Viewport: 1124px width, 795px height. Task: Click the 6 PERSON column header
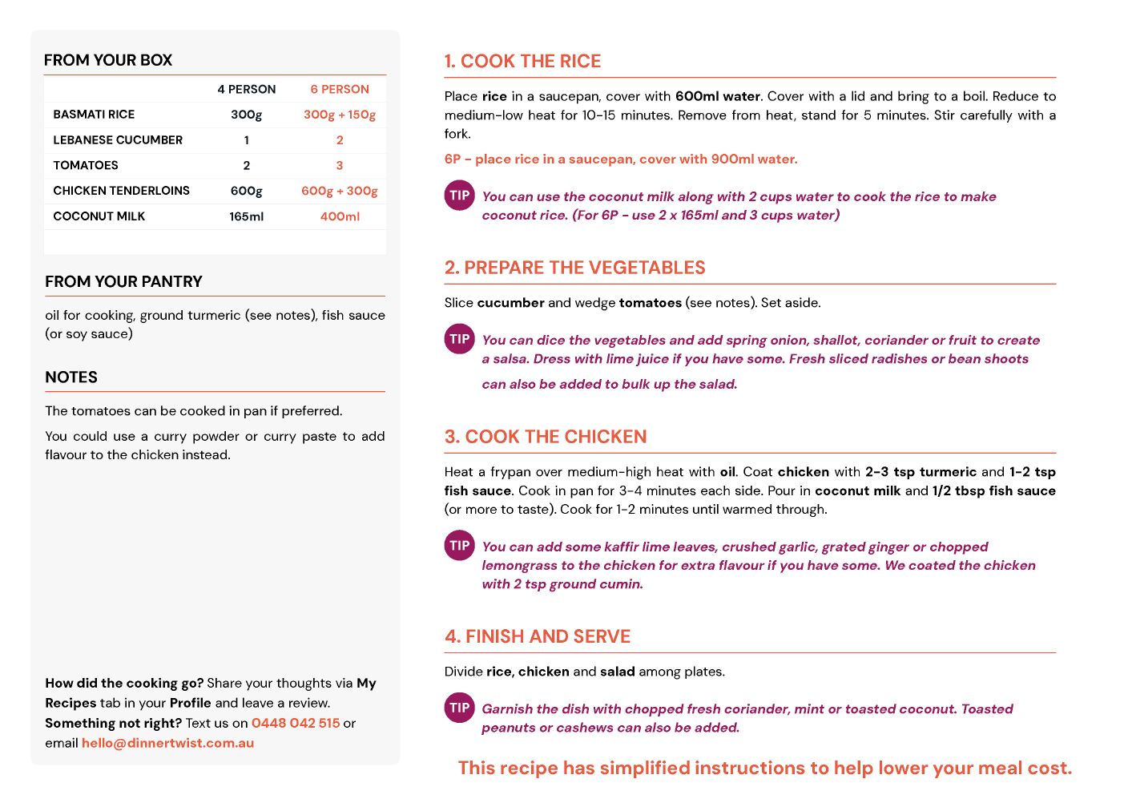click(340, 89)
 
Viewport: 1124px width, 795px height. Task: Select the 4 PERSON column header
click(246, 89)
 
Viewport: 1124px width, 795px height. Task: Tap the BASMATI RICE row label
click(94, 115)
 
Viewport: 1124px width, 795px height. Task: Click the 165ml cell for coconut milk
click(246, 216)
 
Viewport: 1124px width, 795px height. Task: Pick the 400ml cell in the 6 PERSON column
click(340, 216)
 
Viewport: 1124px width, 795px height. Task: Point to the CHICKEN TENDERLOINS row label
click(121, 191)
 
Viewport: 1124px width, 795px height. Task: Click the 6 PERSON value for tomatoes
click(340, 165)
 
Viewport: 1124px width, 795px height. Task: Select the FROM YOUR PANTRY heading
click(123, 281)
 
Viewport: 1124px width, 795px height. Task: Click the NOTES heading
click(71, 377)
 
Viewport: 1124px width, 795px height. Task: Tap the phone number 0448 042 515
click(296, 723)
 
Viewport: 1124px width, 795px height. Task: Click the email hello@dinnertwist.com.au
click(167, 743)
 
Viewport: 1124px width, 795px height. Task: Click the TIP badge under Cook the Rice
click(459, 196)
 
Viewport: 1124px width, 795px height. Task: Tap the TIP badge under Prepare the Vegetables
click(459, 339)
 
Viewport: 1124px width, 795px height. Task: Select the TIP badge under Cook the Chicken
click(459, 546)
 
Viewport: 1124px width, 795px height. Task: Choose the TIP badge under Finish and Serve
click(459, 708)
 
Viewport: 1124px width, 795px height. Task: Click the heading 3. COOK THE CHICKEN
click(546, 437)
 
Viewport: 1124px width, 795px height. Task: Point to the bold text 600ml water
click(717, 96)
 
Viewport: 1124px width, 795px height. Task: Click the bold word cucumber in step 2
click(510, 303)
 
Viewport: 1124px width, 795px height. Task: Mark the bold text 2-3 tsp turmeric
click(921, 472)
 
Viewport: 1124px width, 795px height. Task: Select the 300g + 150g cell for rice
click(340, 115)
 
